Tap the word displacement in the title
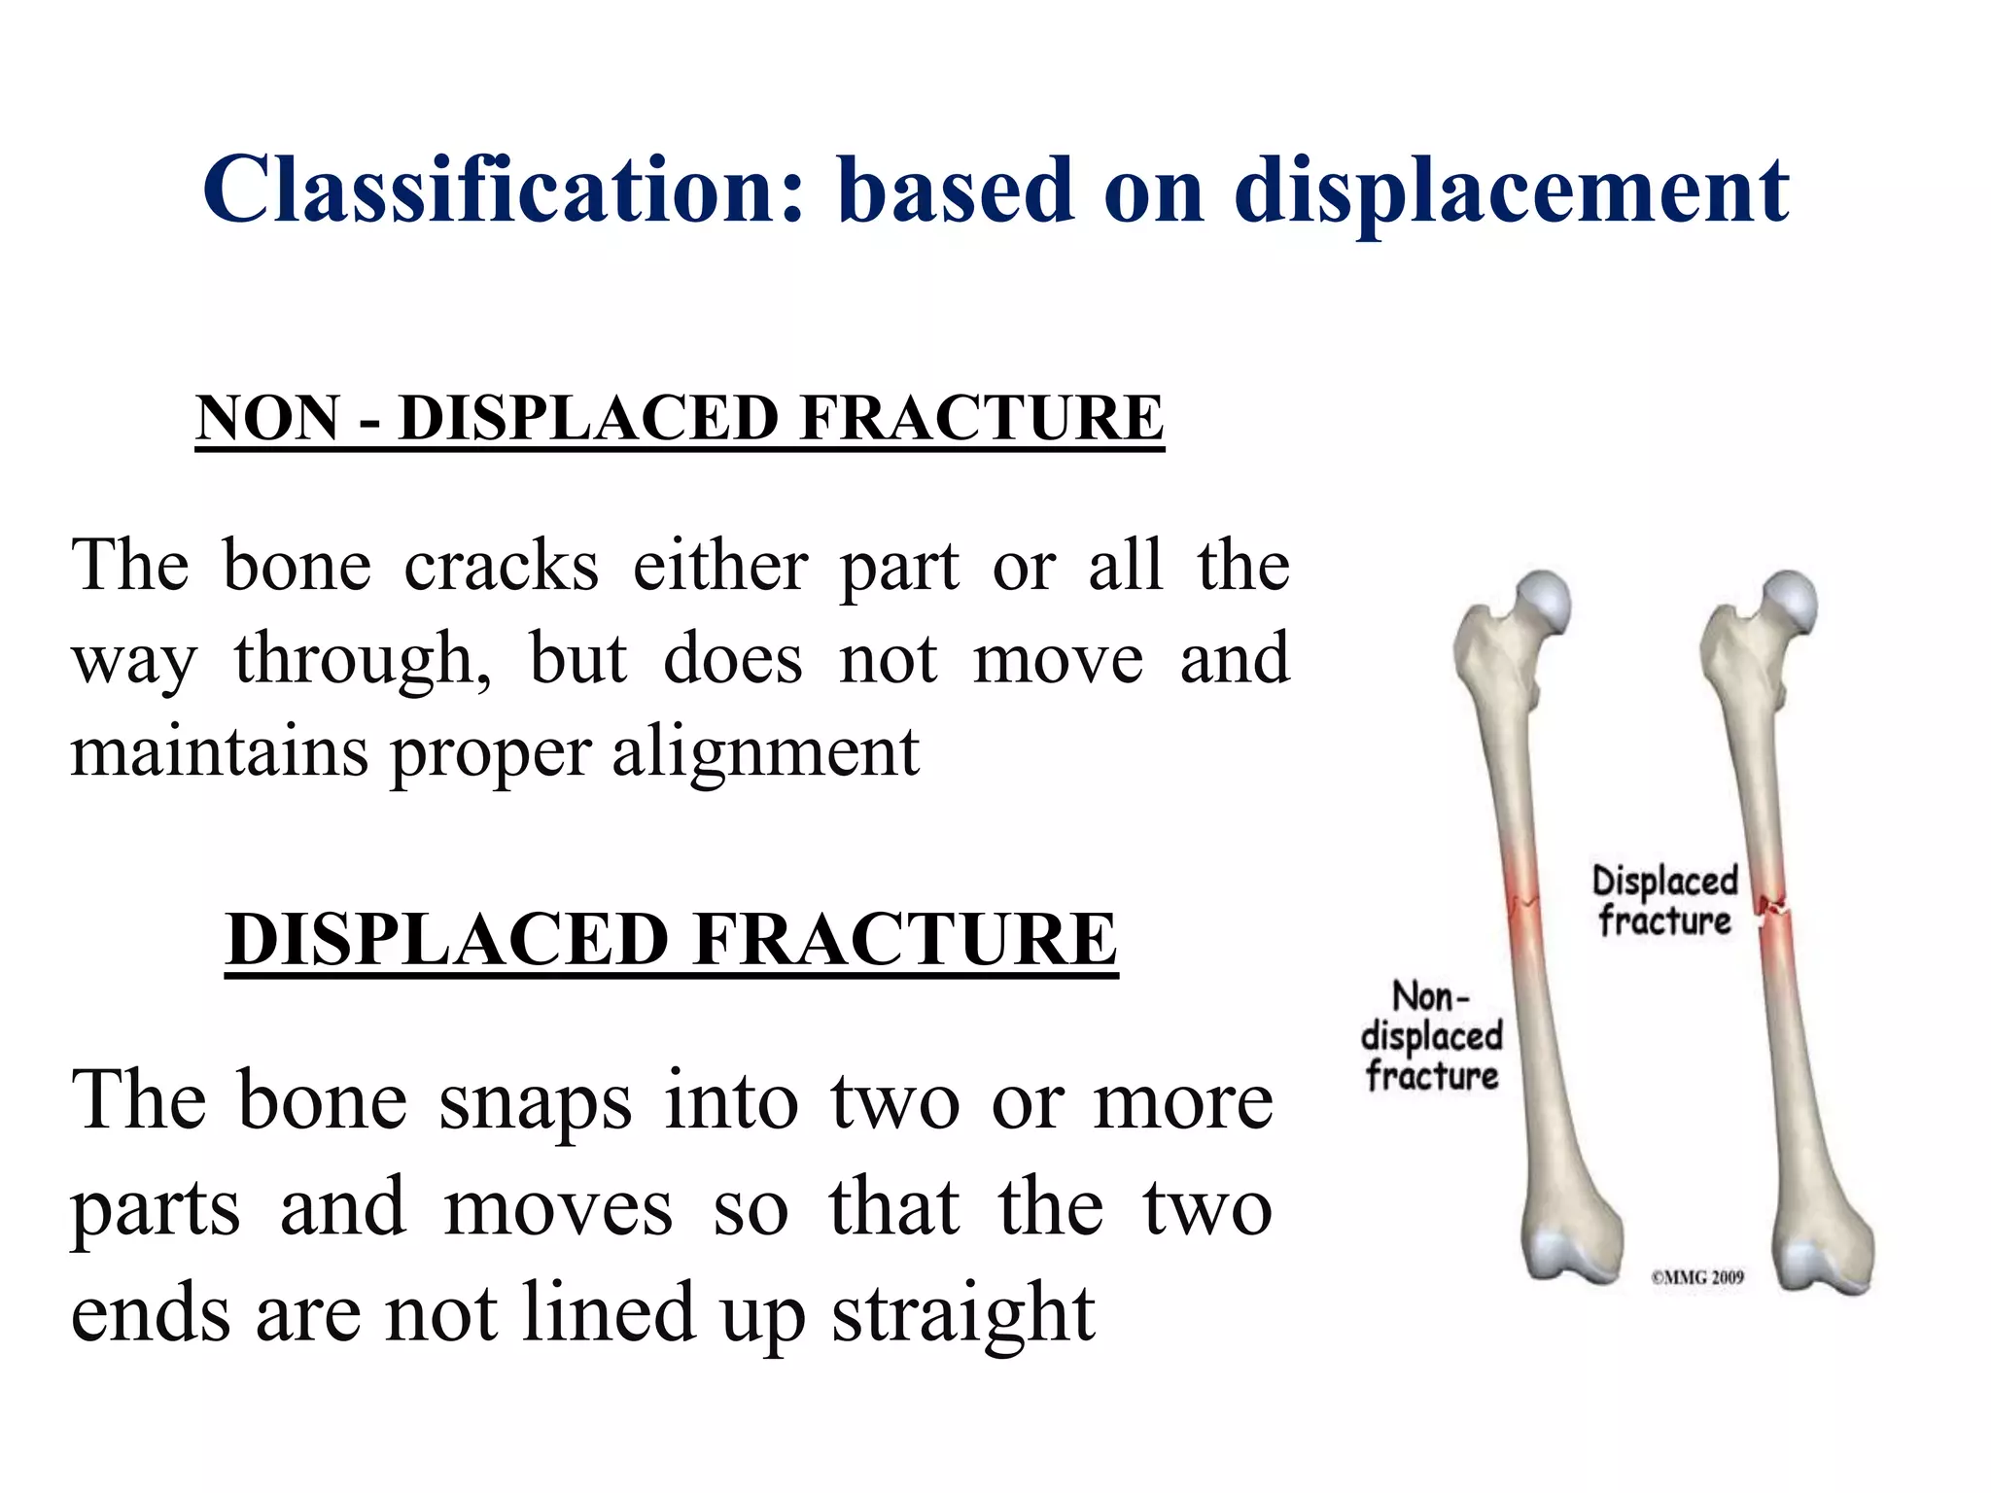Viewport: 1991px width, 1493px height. pyautogui.click(x=1511, y=191)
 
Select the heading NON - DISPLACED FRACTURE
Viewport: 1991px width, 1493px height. pyautogui.click(x=680, y=418)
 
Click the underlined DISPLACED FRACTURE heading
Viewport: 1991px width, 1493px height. pyautogui.click(x=671, y=939)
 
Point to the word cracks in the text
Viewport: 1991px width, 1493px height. pyautogui.click(x=501, y=566)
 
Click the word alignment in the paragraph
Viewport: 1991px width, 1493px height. pyautogui.click(x=765, y=752)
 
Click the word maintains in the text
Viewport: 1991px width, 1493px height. pyautogui.click(x=219, y=750)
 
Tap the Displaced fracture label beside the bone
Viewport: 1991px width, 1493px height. pyautogui.click(x=1664, y=901)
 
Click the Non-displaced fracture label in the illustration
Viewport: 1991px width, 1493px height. pyautogui.click(x=1431, y=1037)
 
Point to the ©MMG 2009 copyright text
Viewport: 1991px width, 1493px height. pyautogui.click(x=1696, y=1277)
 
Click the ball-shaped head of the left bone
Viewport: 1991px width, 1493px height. pyautogui.click(x=1544, y=599)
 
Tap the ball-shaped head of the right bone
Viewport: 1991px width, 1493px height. pyautogui.click(x=1790, y=599)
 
